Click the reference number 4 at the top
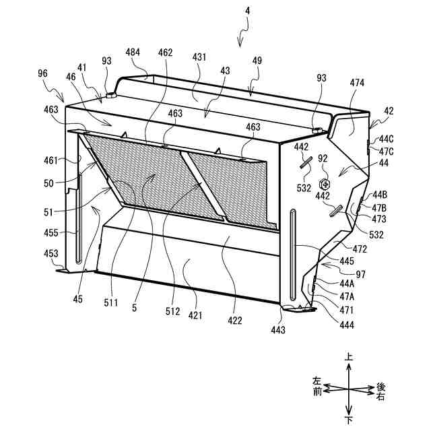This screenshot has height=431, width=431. tap(247, 11)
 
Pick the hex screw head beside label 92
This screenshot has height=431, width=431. tap(325, 183)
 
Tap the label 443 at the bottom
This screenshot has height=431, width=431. tap(278, 330)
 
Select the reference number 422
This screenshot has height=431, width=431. tap(234, 321)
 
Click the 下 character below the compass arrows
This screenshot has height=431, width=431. tap(348, 420)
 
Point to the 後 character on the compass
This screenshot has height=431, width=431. tap(380, 387)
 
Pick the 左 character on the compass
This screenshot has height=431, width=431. tap(317, 381)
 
